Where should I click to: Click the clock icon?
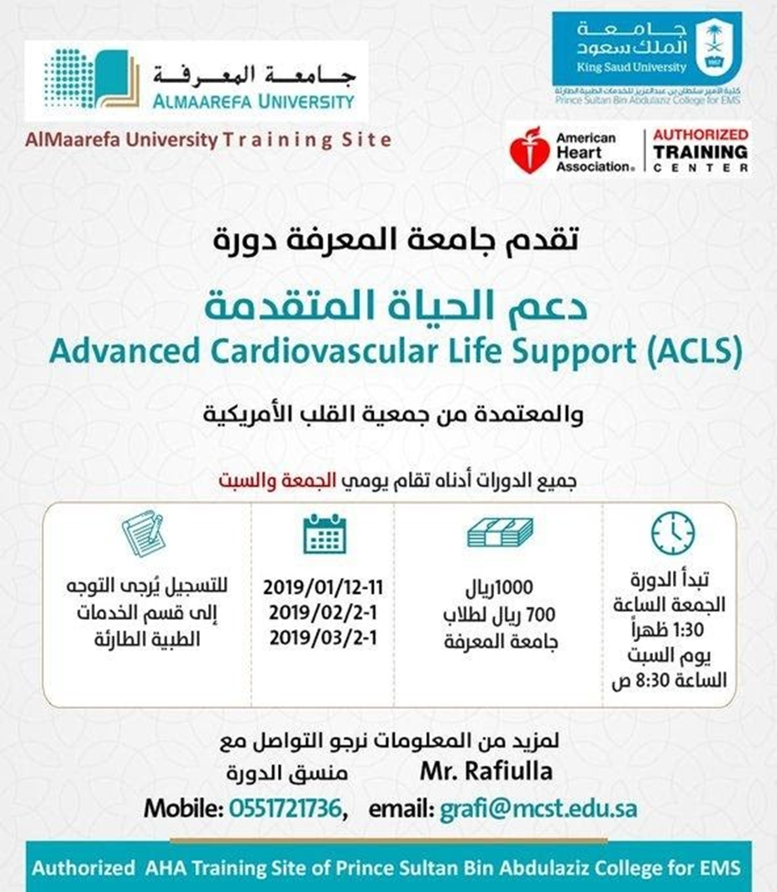(673, 533)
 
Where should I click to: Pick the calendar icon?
(324, 534)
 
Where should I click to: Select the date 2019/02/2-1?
(323, 613)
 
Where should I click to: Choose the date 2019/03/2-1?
(323, 638)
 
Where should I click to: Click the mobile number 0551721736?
(285, 808)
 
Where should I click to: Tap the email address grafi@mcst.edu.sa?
(538, 808)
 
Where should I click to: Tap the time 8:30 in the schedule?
(660, 681)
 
